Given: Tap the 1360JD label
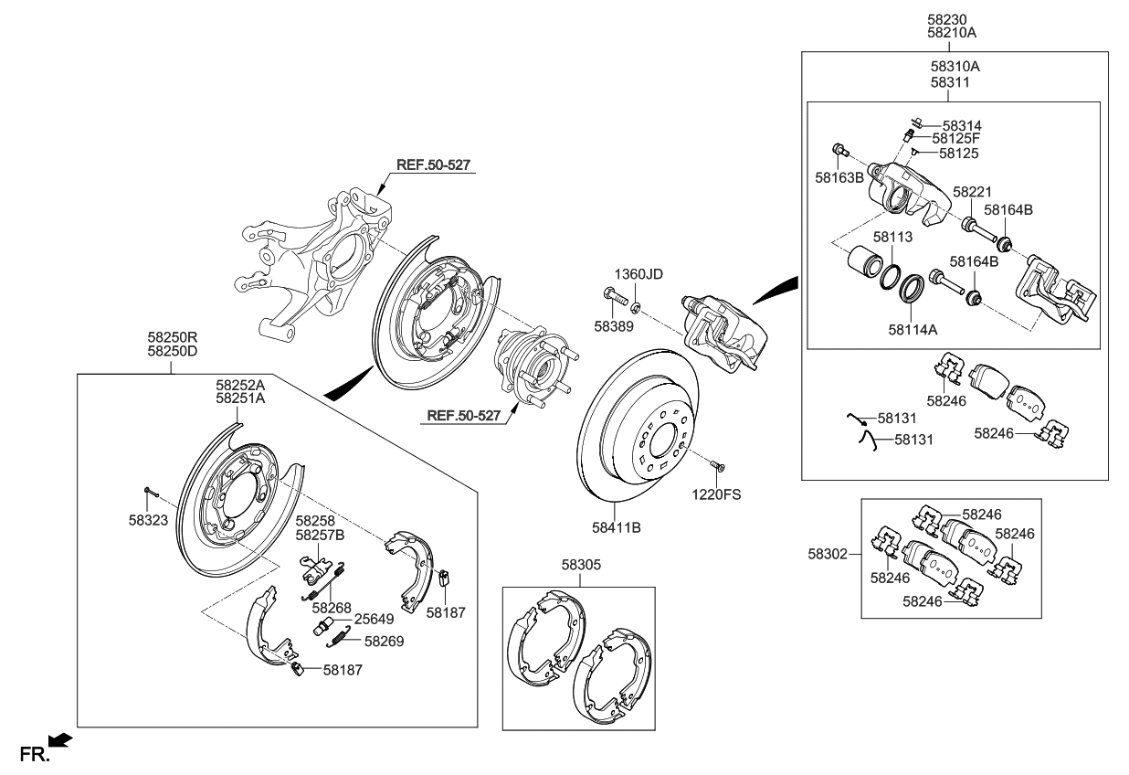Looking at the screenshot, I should [x=638, y=273].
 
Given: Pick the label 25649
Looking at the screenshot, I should [x=374, y=618].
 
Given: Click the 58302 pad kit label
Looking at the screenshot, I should [x=828, y=553].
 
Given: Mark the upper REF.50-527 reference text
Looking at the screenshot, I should [x=435, y=165].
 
